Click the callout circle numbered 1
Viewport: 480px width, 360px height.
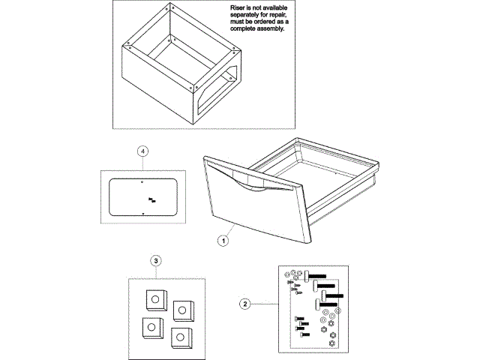[223, 241]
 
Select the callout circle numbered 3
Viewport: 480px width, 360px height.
[156, 261]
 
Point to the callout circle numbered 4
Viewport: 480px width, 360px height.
[143, 151]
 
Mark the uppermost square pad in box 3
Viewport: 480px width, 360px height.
[155, 298]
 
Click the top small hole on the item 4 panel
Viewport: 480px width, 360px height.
[142, 180]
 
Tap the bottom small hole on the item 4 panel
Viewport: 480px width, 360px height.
[142, 214]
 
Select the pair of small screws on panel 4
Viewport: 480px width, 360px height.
[153, 199]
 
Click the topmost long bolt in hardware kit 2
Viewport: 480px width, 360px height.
[315, 276]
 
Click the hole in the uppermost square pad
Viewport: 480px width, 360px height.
[154, 298]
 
